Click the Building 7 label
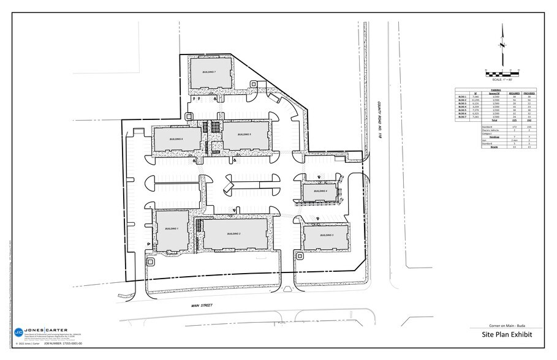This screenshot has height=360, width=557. point(208,72)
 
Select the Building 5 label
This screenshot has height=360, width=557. point(244,134)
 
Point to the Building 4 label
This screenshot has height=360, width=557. point(321,192)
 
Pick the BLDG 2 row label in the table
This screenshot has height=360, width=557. point(462,100)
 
